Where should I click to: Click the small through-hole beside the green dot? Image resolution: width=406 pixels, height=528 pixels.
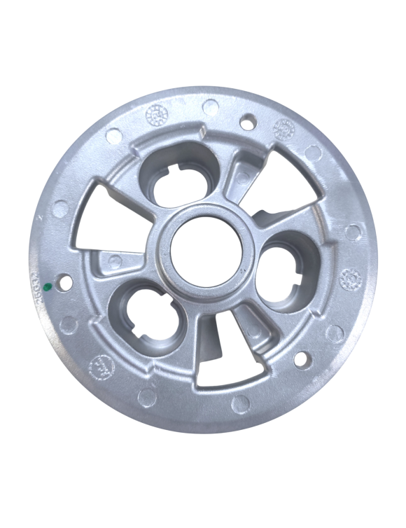click(64, 282)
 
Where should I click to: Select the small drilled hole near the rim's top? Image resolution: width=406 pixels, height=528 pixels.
click(246, 123)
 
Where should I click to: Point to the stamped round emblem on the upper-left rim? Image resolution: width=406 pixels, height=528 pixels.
click(155, 113)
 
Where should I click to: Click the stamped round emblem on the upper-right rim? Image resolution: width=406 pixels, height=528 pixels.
click(283, 128)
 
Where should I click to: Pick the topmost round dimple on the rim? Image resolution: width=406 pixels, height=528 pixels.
click(210, 107)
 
